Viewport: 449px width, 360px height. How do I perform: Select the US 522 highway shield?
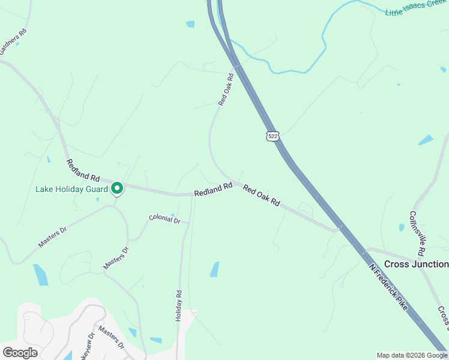(273, 136)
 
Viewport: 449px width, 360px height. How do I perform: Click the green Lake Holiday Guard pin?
(117, 189)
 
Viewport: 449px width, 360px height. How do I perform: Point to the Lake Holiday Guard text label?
(71, 189)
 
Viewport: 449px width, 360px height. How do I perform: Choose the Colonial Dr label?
(164, 220)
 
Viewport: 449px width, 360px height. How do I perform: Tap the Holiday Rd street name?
(178, 306)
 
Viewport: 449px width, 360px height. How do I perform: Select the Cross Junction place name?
(416, 264)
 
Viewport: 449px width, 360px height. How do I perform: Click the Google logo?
(20, 353)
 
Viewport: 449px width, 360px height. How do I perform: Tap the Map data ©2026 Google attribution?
(412, 355)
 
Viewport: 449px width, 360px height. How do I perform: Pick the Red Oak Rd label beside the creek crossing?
(226, 90)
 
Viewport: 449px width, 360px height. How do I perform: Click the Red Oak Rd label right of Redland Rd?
(262, 196)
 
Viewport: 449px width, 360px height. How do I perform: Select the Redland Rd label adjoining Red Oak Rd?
(213, 190)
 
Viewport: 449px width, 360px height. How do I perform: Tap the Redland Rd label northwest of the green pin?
(83, 170)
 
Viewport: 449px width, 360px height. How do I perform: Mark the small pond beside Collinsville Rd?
(402, 227)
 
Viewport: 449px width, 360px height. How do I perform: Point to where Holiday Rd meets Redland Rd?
(193, 194)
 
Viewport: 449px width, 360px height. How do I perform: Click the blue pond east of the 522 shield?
(426, 140)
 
